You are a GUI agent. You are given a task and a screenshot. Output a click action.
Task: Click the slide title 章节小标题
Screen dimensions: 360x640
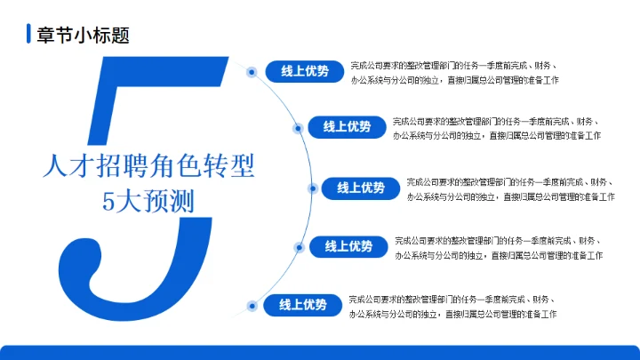point(84,36)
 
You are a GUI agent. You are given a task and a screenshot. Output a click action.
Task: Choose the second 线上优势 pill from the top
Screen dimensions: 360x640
point(347,127)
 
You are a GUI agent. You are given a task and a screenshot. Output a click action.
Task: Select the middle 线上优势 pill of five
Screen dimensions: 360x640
point(361,188)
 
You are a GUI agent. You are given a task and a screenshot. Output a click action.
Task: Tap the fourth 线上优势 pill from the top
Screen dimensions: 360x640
point(348,246)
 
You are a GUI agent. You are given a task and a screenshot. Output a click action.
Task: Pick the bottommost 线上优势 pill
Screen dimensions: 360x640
point(303,305)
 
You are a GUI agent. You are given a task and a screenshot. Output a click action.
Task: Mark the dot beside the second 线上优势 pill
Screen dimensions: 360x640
point(297,128)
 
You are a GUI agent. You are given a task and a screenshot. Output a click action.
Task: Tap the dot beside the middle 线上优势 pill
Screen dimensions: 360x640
point(311,188)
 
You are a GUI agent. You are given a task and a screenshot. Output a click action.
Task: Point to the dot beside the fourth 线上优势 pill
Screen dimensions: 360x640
point(298,247)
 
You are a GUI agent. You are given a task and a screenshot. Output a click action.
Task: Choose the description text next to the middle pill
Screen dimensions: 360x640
point(510,188)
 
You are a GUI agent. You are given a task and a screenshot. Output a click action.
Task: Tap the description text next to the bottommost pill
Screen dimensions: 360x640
point(452,307)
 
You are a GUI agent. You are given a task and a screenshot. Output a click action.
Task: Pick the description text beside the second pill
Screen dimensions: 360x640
point(496,129)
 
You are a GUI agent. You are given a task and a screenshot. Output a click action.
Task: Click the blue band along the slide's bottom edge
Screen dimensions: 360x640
point(320,352)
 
